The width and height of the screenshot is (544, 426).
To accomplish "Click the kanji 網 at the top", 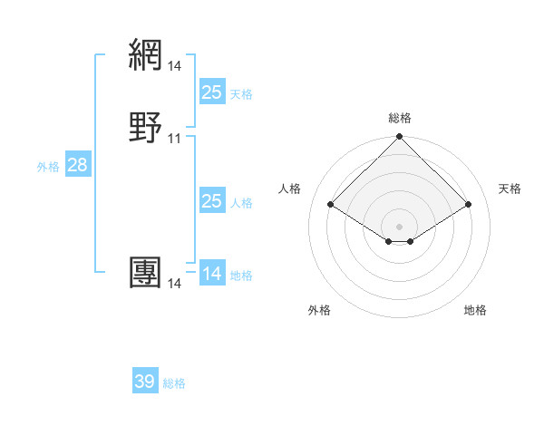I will pos(146,54).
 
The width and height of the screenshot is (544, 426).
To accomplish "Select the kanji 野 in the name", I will pos(146,127).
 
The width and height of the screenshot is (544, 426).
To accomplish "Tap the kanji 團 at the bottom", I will pos(146,273).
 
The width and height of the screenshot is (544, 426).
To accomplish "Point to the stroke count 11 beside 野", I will pos(174,138).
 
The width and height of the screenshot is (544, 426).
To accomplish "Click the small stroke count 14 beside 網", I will pos(174,65).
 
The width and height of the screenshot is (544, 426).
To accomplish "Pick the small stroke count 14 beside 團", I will pos(174,284).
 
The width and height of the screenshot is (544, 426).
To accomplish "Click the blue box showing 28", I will pos(76,165).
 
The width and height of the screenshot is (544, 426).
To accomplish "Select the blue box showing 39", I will pos(145,382).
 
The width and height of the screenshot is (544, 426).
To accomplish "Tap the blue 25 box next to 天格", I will pos(211,92).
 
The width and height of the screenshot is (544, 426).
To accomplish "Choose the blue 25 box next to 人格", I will pos(211,201).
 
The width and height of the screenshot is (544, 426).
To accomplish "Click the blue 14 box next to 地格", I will pos(211,274).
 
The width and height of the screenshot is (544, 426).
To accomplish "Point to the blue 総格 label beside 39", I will pos(174,383).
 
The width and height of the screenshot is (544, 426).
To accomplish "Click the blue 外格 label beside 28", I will pos(48,167).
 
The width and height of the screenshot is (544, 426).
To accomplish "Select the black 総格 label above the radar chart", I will pos(400,118).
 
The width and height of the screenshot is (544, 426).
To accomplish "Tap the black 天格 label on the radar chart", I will pos(510,189).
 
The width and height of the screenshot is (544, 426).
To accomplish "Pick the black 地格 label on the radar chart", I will pos(475,310).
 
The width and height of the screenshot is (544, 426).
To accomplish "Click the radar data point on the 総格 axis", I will pos(400,138).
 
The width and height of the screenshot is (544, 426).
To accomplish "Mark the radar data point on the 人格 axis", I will pos(331,204).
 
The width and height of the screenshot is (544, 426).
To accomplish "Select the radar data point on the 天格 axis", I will pos(469,204).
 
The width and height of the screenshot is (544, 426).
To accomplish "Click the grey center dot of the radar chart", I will pos(400,226).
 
